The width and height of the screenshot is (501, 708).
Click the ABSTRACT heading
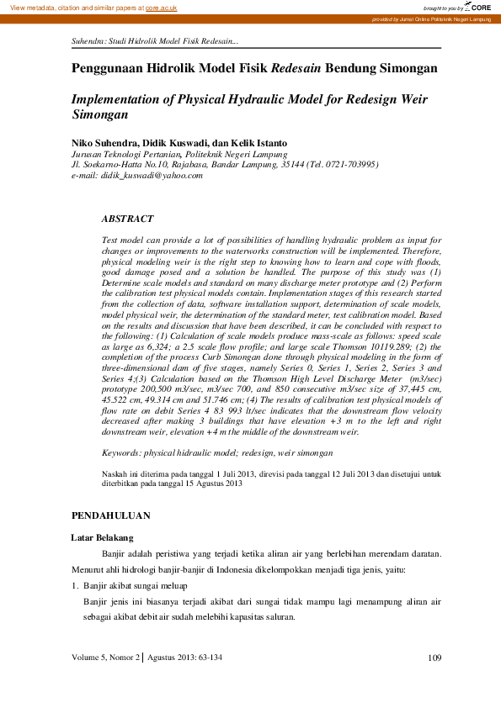pyautogui.click(x=127, y=219)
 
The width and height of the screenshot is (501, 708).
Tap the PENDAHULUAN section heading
pyautogui.click(x=111, y=515)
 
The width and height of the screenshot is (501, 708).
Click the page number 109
pyautogui.click(x=434, y=657)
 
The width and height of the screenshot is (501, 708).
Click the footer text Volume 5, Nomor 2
pyautogui.click(x=106, y=657)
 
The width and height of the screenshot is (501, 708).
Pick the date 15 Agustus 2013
pyautogui.click(x=207, y=484)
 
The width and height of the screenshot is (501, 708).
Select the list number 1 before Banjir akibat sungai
pyautogui.click(x=74, y=584)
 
